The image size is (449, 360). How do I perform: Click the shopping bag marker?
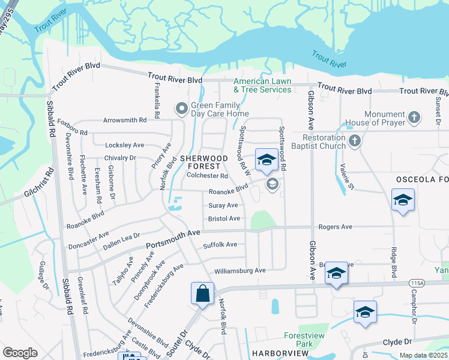pyautogui.click(x=203, y=294)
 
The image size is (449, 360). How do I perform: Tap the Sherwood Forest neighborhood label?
pyautogui.click(x=204, y=162)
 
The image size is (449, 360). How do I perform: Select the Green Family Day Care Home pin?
pyautogui.click(x=181, y=109)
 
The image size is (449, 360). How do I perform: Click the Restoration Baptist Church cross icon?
pyautogui.click(x=354, y=142)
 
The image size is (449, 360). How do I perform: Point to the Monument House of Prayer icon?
pyautogui.click(x=414, y=118)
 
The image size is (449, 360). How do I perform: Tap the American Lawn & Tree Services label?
pyautogui.click(x=262, y=85)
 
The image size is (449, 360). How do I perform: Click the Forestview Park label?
pyautogui.click(x=299, y=340)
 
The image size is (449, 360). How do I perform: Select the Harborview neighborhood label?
pyautogui.click(x=280, y=354)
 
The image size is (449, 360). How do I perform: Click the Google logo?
pyautogui.click(x=20, y=353)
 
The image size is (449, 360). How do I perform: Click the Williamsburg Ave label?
pyautogui.click(x=240, y=271)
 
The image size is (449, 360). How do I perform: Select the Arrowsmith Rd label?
pyautogui.click(x=125, y=120)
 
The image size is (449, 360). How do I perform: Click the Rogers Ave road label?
pyautogui.click(x=335, y=227)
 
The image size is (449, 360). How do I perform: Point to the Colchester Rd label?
pyautogui.click(x=207, y=176)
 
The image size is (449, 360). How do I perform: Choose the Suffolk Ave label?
pyautogui.click(x=220, y=245)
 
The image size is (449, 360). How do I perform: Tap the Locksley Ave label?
pyautogui.click(x=124, y=145)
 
